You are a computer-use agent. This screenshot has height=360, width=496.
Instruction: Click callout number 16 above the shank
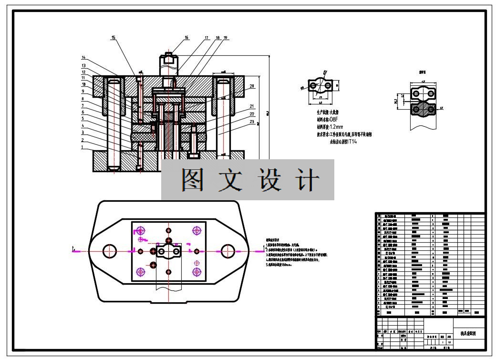[186, 37]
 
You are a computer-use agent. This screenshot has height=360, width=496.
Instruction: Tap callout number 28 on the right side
[252, 86]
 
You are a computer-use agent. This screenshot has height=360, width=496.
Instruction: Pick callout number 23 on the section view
[252, 121]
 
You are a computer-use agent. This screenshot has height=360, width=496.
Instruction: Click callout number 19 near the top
[225, 37]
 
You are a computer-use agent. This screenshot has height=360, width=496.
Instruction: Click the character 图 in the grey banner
[193, 180]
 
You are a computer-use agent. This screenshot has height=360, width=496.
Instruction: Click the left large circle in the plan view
[110, 250]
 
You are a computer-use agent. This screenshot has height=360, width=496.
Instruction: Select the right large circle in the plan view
[227, 250]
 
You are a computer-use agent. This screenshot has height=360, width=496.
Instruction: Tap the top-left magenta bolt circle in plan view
[141, 230]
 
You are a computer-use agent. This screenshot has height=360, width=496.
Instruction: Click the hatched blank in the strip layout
[423, 110]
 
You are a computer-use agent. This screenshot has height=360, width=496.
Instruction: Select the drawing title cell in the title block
[468, 334]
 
